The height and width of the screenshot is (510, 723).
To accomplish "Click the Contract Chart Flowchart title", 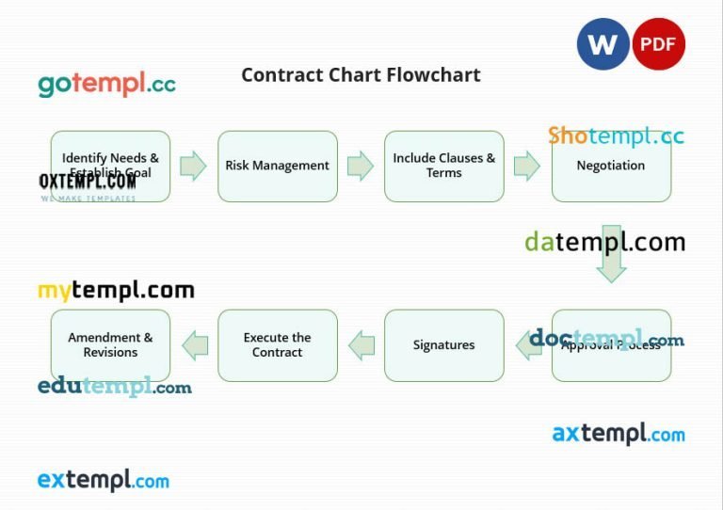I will [361, 75].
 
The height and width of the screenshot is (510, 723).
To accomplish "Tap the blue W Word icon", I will [603, 44].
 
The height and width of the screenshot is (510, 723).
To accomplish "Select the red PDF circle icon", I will [658, 44].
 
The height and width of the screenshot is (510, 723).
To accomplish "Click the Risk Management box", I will [278, 166].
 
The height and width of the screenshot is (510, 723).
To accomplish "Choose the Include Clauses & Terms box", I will [443, 166].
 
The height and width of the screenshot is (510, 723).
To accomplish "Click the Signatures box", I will [443, 345].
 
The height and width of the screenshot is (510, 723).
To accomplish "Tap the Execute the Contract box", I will [278, 345].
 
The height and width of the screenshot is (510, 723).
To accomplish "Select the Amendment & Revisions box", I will [110, 345].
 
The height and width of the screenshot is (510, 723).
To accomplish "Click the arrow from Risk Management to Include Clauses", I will [361, 167].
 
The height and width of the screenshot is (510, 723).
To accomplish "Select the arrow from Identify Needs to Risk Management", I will [193, 167].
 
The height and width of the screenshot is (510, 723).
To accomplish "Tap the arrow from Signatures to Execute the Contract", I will [361, 345].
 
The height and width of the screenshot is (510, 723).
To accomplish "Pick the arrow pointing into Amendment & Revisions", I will [195, 345].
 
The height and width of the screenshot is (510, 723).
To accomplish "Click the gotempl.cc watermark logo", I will [106, 84].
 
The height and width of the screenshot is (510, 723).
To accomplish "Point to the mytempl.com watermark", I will [116, 291].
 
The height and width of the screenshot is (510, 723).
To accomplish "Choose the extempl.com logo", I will [104, 481].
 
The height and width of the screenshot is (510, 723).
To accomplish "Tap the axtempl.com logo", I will [619, 434].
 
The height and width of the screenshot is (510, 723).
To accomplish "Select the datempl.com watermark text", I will [604, 242].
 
